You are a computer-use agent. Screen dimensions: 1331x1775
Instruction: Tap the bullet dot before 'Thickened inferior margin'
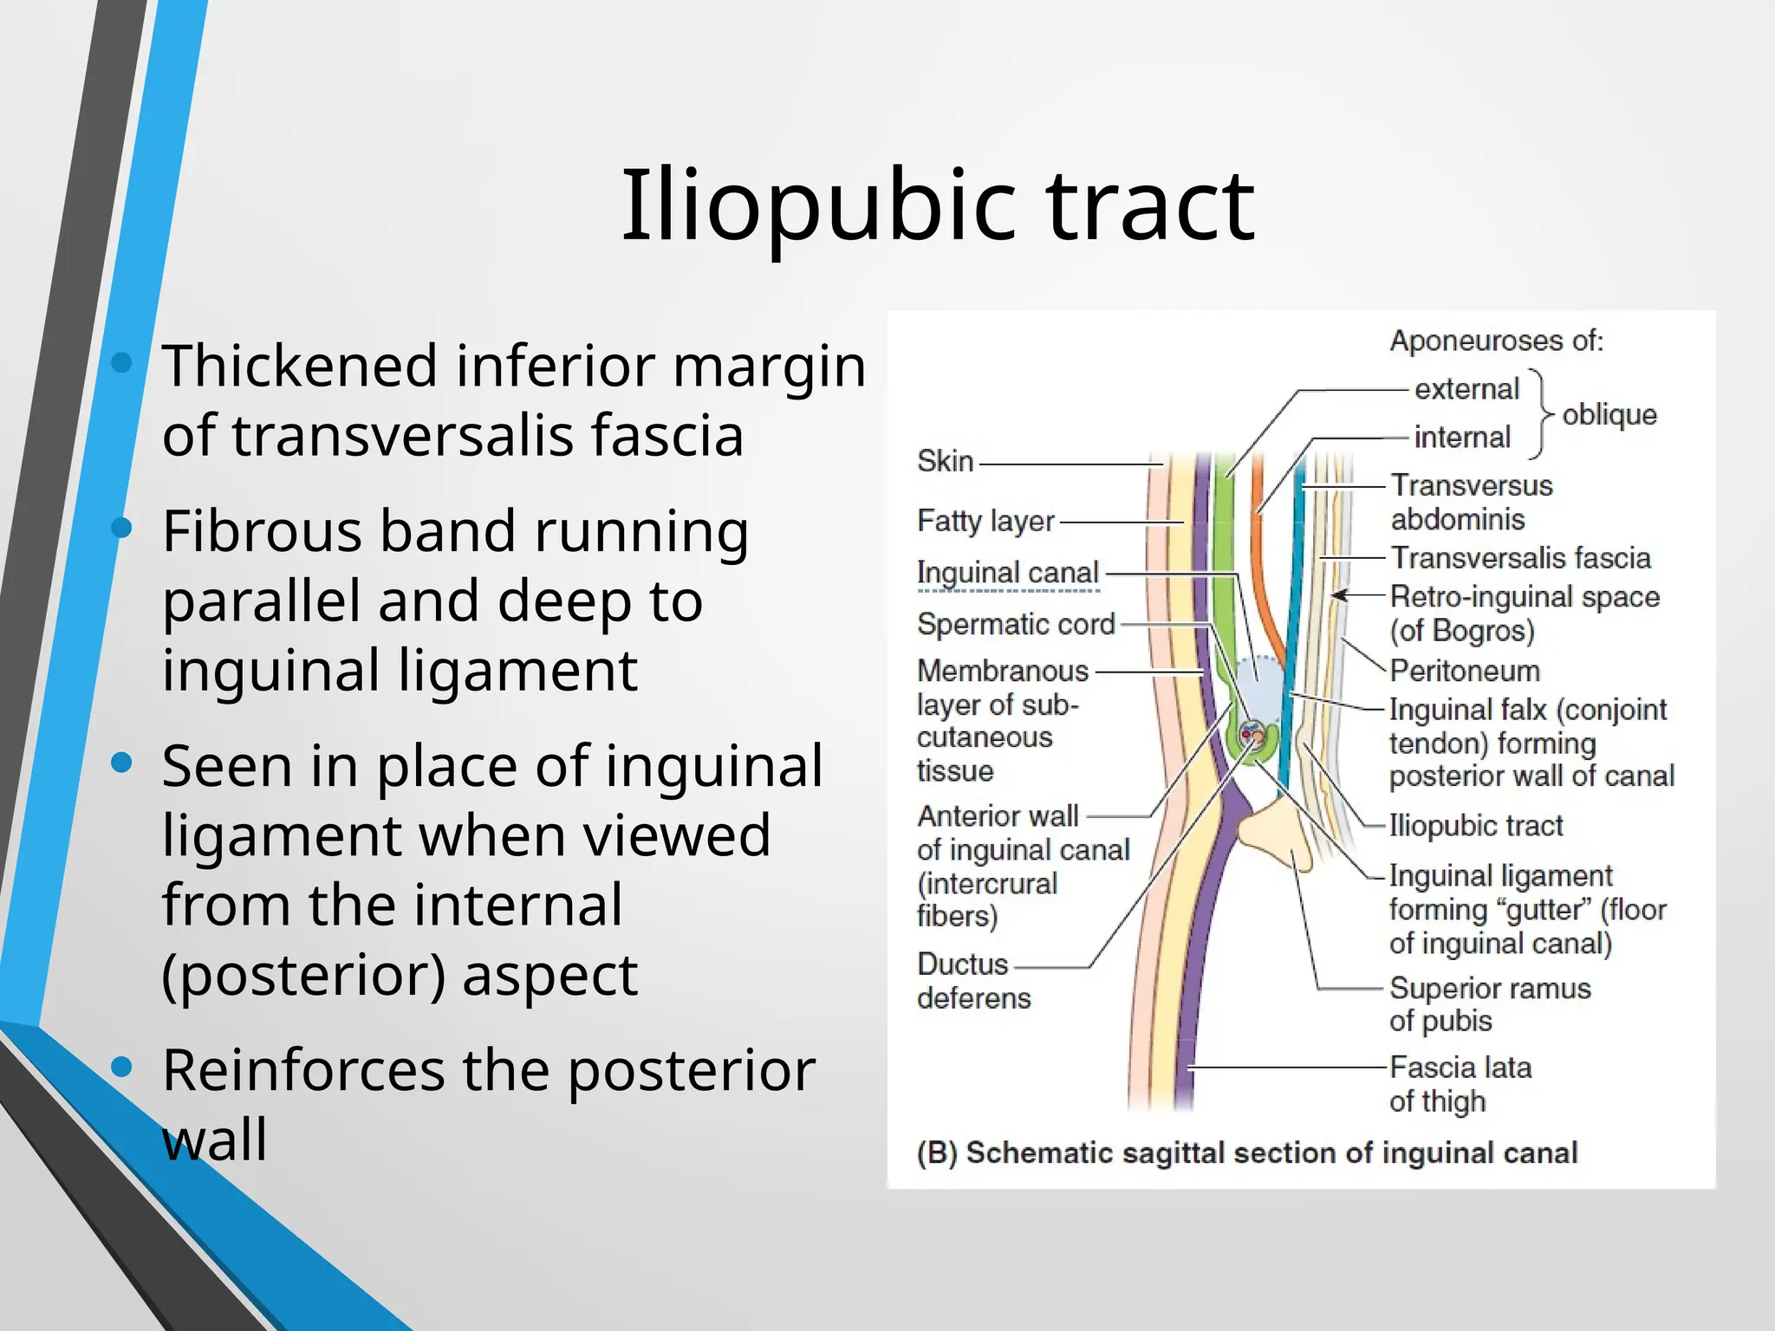(122, 362)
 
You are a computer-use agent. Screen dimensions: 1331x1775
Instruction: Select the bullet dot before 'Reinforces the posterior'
(122, 1067)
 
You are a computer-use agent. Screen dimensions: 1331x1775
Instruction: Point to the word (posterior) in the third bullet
(303, 976)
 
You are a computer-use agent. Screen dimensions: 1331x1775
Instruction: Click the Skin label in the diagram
(945, 461)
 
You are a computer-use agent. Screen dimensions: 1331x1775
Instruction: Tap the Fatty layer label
(985, 521)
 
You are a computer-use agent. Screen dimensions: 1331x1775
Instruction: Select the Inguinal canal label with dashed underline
(1007, 573)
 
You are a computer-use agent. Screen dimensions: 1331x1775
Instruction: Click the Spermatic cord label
(1016, 624)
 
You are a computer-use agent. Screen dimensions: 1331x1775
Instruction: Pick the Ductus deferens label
(972, 981)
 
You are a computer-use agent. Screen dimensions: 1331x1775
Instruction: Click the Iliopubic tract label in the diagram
(1475, 826)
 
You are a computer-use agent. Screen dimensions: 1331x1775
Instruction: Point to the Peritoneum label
(1465, 671)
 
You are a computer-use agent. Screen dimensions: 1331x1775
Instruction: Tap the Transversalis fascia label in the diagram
(1520, 558)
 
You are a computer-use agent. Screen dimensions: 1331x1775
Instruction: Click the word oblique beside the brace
(1609, 415)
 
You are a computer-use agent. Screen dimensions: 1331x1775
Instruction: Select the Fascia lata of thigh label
(1460, 1084)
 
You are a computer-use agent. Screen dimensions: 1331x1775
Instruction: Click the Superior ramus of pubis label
(1489, 1004)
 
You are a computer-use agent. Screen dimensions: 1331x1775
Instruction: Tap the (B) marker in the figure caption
(936, 1153)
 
